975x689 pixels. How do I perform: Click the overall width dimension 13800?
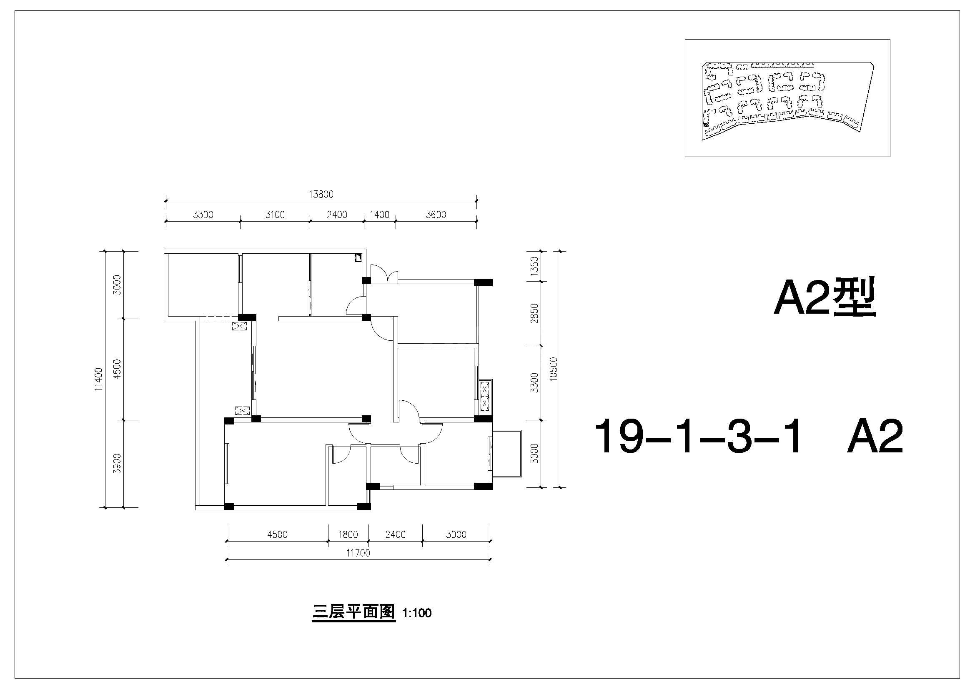[321, 194]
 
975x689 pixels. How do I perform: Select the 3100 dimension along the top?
[275, 215]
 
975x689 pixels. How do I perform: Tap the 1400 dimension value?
[379, 215]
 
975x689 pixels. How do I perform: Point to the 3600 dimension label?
[436, 215]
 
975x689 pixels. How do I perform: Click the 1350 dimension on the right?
[535, 266]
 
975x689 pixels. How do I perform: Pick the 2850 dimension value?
[535, 313]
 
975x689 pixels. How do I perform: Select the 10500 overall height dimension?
[553, 369]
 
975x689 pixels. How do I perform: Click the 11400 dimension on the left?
[98, 379]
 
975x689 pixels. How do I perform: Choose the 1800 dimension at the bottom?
[348, 534]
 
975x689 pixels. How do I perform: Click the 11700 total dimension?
[358, 553]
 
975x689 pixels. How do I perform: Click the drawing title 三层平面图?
[354, 612]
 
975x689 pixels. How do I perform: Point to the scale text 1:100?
[417, 613]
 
